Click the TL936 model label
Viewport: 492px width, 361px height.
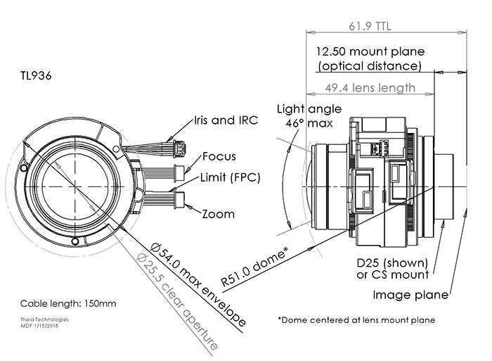tap(37, 73)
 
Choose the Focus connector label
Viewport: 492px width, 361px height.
tap(219, 156)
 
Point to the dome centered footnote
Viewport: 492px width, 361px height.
tap(356, 319)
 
